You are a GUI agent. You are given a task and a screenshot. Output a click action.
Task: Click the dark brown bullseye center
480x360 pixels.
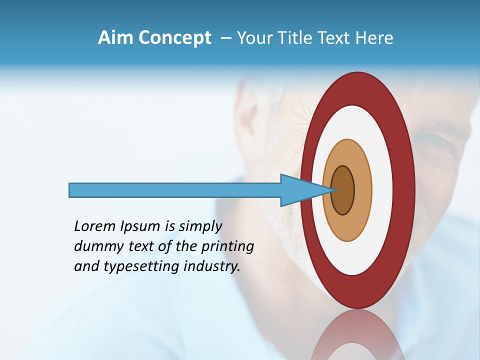point(343,190)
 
